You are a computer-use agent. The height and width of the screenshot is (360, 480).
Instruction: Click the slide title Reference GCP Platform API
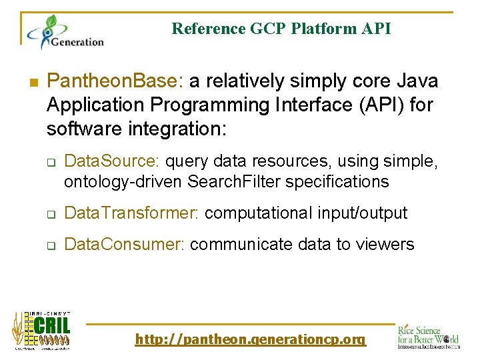281,29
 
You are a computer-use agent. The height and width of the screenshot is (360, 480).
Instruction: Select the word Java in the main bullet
417,81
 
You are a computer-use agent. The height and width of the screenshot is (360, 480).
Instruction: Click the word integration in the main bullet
176,127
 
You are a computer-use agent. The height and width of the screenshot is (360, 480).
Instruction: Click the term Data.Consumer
124,245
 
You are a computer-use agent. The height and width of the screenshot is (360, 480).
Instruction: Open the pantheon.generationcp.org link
250,340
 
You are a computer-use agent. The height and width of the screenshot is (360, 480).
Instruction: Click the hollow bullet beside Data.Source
50,162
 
